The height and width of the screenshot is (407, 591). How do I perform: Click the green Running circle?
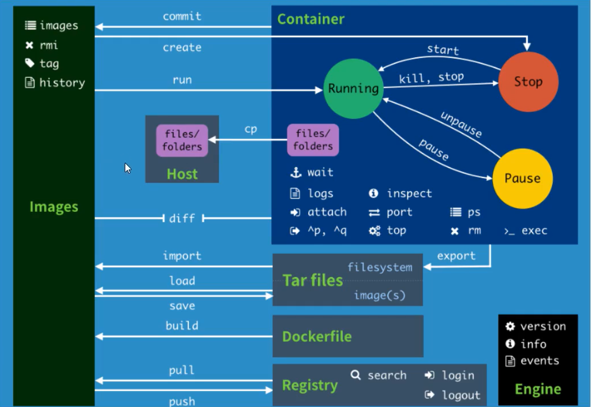coord(353,88)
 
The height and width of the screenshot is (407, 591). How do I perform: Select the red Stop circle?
coord(527,82)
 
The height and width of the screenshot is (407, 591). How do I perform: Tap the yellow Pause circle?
coord(522,178)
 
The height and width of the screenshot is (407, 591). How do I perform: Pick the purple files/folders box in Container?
coord(312,140)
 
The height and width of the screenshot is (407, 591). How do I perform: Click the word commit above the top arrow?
coord(181,16)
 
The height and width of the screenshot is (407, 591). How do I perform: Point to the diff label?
coord(182,218)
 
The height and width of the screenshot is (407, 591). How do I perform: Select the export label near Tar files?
coord(456,255)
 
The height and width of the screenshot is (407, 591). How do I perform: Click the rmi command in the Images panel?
coord(49,45)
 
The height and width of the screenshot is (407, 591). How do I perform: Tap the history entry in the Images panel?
coord(62,82)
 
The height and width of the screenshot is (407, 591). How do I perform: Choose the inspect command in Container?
coord(409,193)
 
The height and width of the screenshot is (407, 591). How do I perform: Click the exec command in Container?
coord(534,231)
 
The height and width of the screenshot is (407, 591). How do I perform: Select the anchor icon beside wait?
coord(295,172)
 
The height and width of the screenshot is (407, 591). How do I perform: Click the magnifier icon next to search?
coord(356,376)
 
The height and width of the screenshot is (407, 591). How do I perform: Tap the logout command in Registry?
coord(461,395)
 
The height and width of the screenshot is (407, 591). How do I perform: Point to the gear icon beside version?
coord(510,326)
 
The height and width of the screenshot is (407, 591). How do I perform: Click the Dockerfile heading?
coord(316,337)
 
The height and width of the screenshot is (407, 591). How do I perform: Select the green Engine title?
coord(538,389)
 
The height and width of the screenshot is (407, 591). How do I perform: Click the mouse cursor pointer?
coord(128,168)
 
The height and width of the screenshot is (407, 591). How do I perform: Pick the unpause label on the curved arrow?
coord(461,124)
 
